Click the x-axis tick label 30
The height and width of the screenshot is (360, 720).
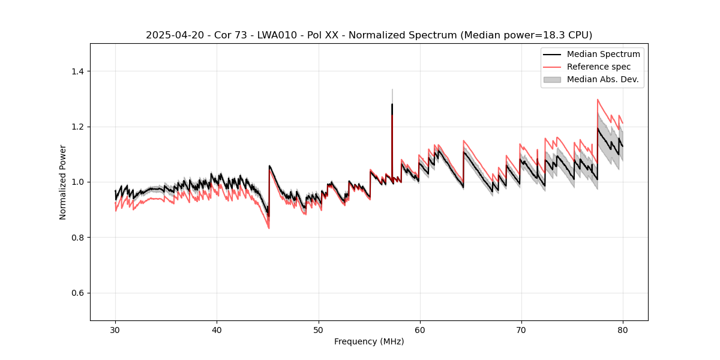tap(115, 329)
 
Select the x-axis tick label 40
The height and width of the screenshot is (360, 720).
tap(217, 329)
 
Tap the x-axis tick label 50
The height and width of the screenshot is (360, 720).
tap(318, 329)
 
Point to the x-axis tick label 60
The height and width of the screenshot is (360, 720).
tap(419, 329)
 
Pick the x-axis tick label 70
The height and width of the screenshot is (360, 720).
tap(521, 329)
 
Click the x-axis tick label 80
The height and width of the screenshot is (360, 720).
tap(622, 329)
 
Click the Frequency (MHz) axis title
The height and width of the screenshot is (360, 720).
tap(369, 341)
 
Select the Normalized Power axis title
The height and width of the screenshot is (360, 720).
tap(62, 182)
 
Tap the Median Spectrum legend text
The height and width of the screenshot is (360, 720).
tap(603, 54)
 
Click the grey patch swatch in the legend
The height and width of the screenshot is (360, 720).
tap(552, 79)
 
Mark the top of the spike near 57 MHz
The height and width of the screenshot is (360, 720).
tap(392, 90)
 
